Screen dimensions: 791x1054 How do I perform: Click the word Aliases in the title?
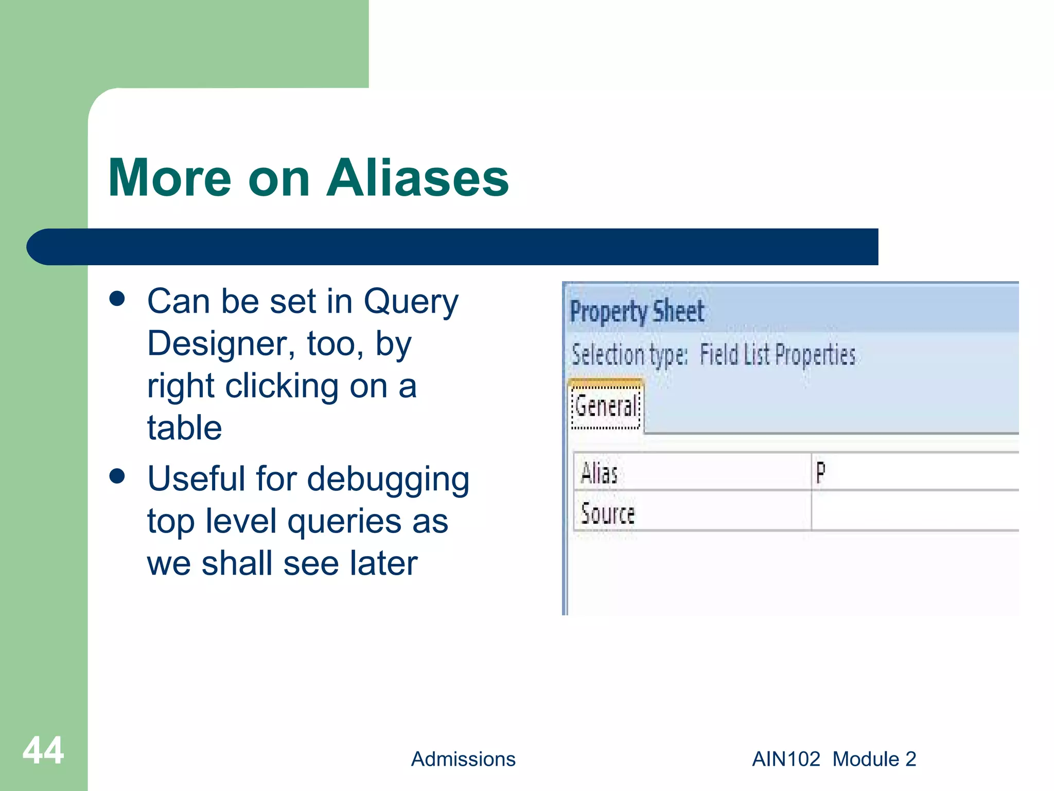tap(417, 178)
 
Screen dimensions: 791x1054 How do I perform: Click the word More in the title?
tap(170, 178)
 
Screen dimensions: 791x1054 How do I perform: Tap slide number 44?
tap(43, 751)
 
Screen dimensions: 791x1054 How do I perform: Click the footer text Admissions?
tap(463, 759)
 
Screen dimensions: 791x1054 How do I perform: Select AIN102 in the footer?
tap(786, 759)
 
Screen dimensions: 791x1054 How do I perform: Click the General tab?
tap(606, 406)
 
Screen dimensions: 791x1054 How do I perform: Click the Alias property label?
tap(599, 473)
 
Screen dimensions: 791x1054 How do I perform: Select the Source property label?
tap(608, 513)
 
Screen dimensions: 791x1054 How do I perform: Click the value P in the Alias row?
tap(821, 472)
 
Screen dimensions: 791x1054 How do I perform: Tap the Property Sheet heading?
tap(637, 312)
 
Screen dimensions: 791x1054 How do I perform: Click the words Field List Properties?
tap(777, 355)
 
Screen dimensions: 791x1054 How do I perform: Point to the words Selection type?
tap(629, 355)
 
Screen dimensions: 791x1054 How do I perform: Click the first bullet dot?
tap(117, 299)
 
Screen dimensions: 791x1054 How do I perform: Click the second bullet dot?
tap(117, 476)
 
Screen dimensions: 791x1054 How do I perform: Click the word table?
tap(184, 427)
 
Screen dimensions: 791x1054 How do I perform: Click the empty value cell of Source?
tap(914, 511)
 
